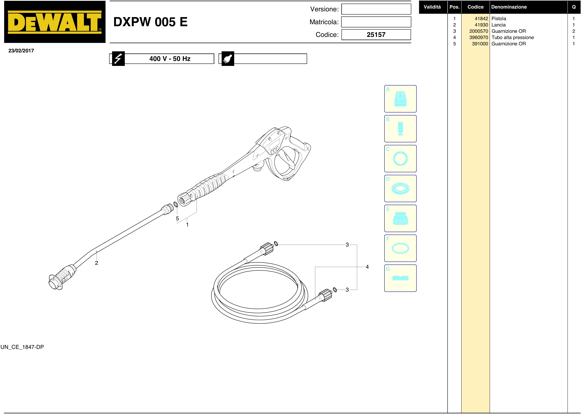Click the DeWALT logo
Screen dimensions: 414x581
55,22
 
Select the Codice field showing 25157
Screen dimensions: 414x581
376,35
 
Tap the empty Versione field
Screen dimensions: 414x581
376,9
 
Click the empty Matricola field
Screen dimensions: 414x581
376,22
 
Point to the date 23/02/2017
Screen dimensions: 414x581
21,51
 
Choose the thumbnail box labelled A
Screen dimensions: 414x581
400,99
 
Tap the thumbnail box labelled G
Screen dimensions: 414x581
400,278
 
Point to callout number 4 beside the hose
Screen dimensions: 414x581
367,267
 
